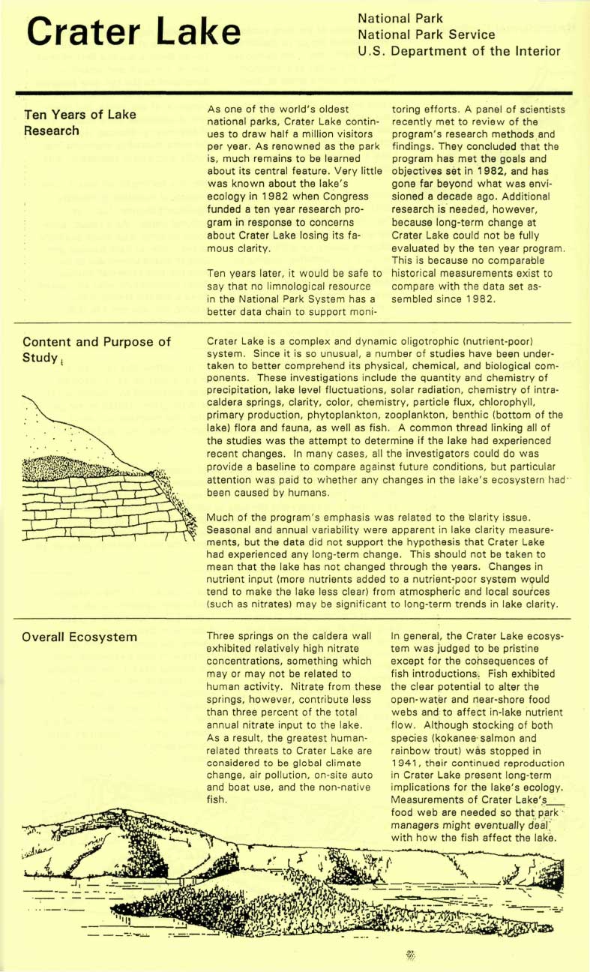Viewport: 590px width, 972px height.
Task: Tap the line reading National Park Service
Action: coord(427,34)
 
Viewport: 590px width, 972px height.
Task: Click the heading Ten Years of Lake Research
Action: coord(80,122)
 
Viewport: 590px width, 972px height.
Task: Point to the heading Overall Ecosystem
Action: coord(79,637)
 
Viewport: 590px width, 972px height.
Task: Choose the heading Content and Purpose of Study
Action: coord(97,349)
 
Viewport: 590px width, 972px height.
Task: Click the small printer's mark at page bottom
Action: coord(410,955)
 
